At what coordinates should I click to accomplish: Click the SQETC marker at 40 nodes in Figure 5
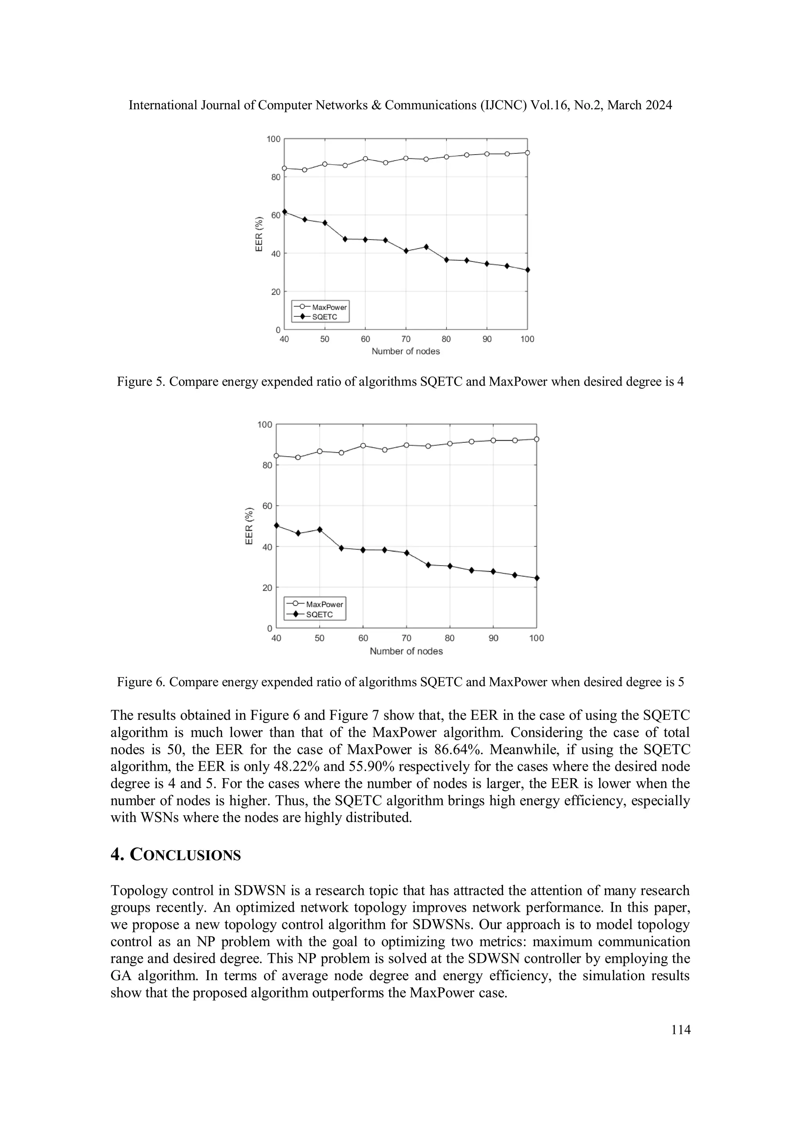[284, 212]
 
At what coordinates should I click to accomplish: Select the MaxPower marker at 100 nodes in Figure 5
[527, 153]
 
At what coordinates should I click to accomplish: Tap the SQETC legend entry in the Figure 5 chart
[324, 317]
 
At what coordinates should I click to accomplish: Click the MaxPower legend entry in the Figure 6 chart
[324, 604]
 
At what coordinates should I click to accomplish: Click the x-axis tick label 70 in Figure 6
[406, 638]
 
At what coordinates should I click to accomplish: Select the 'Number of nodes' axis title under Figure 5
[405, 351]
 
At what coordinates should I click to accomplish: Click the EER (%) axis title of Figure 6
[250, 526]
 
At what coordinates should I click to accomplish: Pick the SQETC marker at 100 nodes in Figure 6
[537, 578]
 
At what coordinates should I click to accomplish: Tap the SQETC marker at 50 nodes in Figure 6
[320, 530]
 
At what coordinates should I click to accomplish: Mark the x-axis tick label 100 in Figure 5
[527, 339]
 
